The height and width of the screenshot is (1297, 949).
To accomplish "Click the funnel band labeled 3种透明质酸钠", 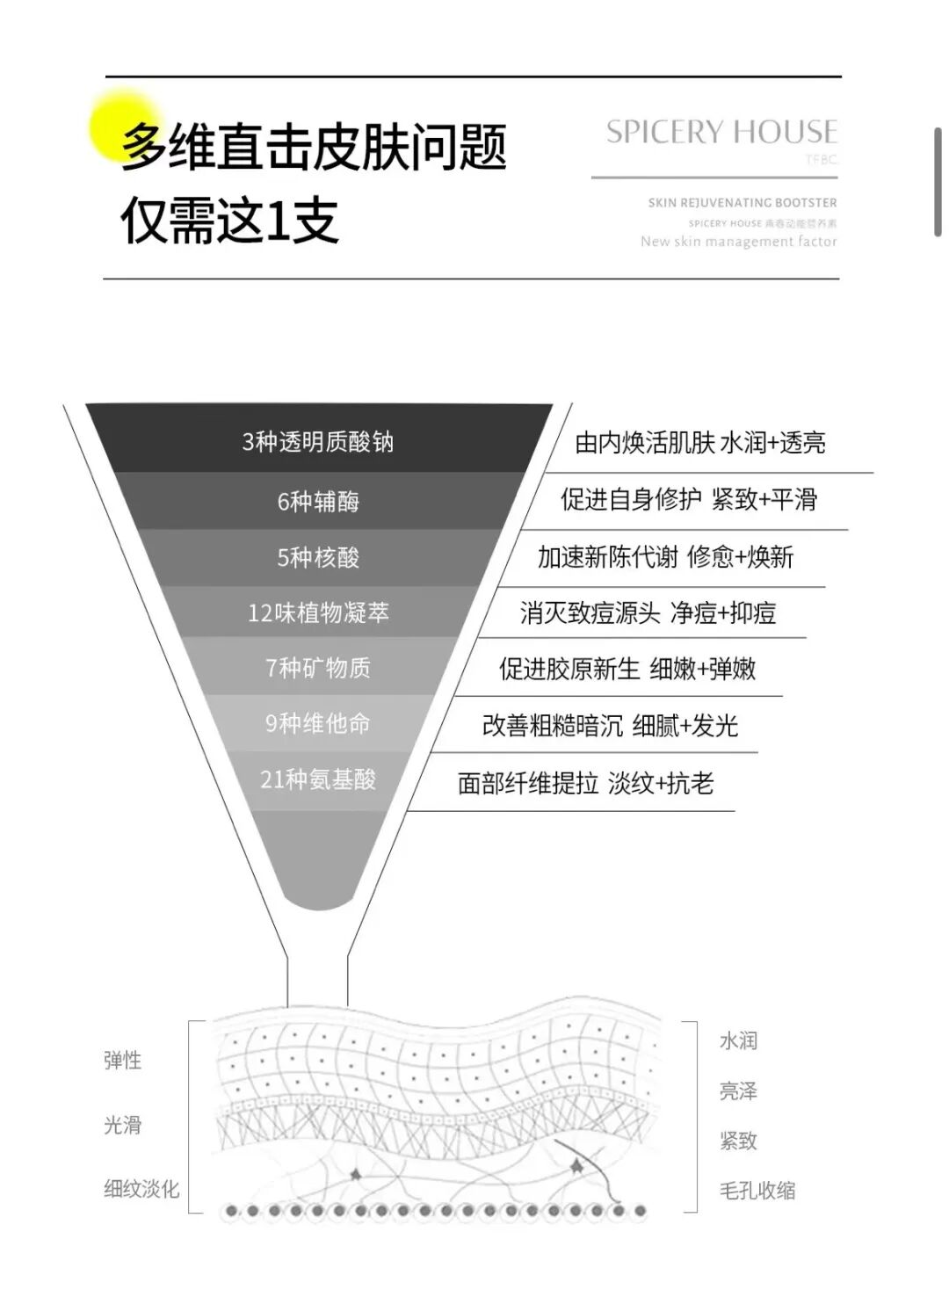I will (x=318, y=441).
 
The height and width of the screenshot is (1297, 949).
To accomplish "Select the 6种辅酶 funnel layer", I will (x=318, y=501).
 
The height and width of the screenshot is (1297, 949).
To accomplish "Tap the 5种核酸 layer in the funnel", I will (x=318, y=557).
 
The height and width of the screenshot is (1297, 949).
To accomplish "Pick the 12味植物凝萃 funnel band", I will (x=318, y=612).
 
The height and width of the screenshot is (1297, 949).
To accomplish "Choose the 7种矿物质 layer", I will (x=318, y=668).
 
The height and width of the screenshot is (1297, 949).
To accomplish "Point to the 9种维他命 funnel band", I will (x=318, y=723).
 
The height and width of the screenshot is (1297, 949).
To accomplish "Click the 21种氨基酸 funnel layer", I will (x=318, y=779).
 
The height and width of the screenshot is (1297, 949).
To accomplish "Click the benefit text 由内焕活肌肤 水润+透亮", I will (x=699, y=442).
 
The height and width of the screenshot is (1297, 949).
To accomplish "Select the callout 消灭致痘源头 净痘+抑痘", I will (x=648, y=612).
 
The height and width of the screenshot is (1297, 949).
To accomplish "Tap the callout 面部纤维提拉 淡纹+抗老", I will (x=585, y=783).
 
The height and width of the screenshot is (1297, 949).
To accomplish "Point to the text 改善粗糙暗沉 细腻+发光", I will (x=610, y=726).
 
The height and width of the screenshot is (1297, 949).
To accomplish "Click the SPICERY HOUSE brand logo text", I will (x=721, y=133).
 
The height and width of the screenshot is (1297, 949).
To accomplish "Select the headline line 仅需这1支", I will (x=230, y=220).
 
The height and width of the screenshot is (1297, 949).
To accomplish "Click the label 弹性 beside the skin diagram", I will (x=122, y=1061).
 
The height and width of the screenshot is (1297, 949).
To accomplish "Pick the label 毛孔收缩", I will (x=757, y=1191).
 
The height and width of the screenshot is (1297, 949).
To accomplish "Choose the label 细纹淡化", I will (x=141, y=1189).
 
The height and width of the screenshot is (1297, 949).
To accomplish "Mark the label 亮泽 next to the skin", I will (x=738, y=1091).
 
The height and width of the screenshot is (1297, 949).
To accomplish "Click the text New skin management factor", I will (x=738, y=242).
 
